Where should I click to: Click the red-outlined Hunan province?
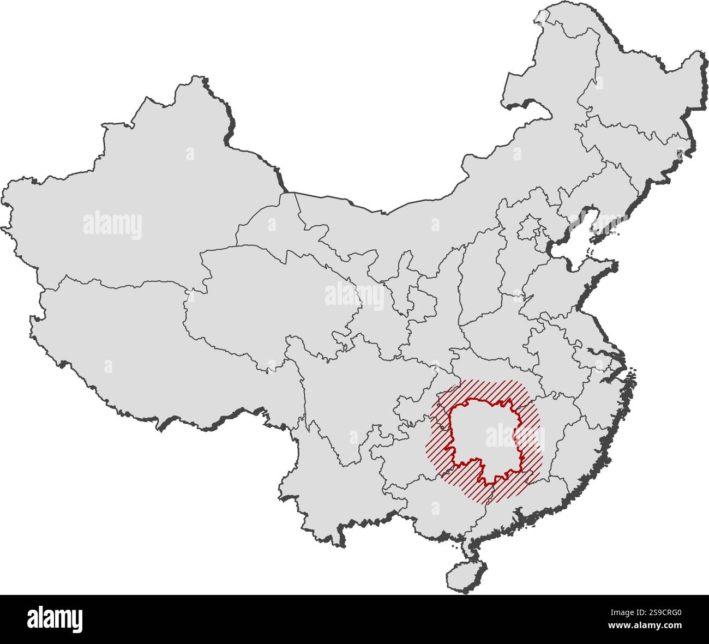[480, 436]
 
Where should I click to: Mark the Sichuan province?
[349, 393]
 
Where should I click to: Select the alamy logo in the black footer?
[55, 619]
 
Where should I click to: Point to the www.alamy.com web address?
[646, 625]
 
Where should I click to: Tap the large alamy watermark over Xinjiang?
[112, 225]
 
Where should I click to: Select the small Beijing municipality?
[528, 226]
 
